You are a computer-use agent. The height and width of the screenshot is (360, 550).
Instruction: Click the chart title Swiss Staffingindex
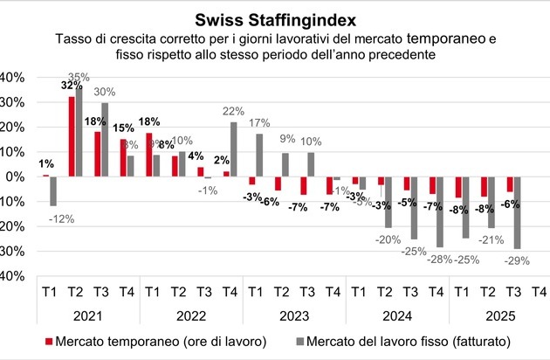tap(276, 18)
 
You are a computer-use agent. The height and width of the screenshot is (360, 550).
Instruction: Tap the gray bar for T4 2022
tap(233, 149)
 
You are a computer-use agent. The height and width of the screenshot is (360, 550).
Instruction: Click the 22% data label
tap(233, 111)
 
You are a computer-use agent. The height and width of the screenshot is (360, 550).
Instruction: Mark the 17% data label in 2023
tap(259, 122)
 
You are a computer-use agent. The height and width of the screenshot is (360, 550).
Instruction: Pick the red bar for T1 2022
tap(149, 155)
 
